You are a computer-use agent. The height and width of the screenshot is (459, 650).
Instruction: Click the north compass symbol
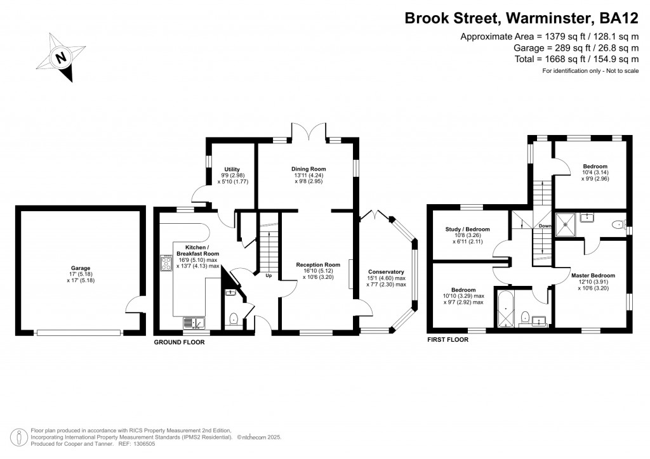[x=62, y=59]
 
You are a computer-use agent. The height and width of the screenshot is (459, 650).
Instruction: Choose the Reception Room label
[x=319, y=264]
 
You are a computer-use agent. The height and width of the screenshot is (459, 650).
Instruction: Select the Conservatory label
[x=386, y=272]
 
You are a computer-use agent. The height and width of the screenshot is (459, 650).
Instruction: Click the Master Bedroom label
[x=593, y=275]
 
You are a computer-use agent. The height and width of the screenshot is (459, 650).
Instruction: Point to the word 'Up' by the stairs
[x=269, y=276]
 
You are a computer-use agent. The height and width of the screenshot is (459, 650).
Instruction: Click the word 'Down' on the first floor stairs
[x=545, y=226]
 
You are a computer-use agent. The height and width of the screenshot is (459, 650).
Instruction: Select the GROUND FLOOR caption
[x=180, y=342]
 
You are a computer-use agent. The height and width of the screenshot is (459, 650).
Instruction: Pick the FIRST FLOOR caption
[x=448, y=340]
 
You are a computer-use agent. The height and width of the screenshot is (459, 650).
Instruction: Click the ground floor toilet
[x=233, y=318]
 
